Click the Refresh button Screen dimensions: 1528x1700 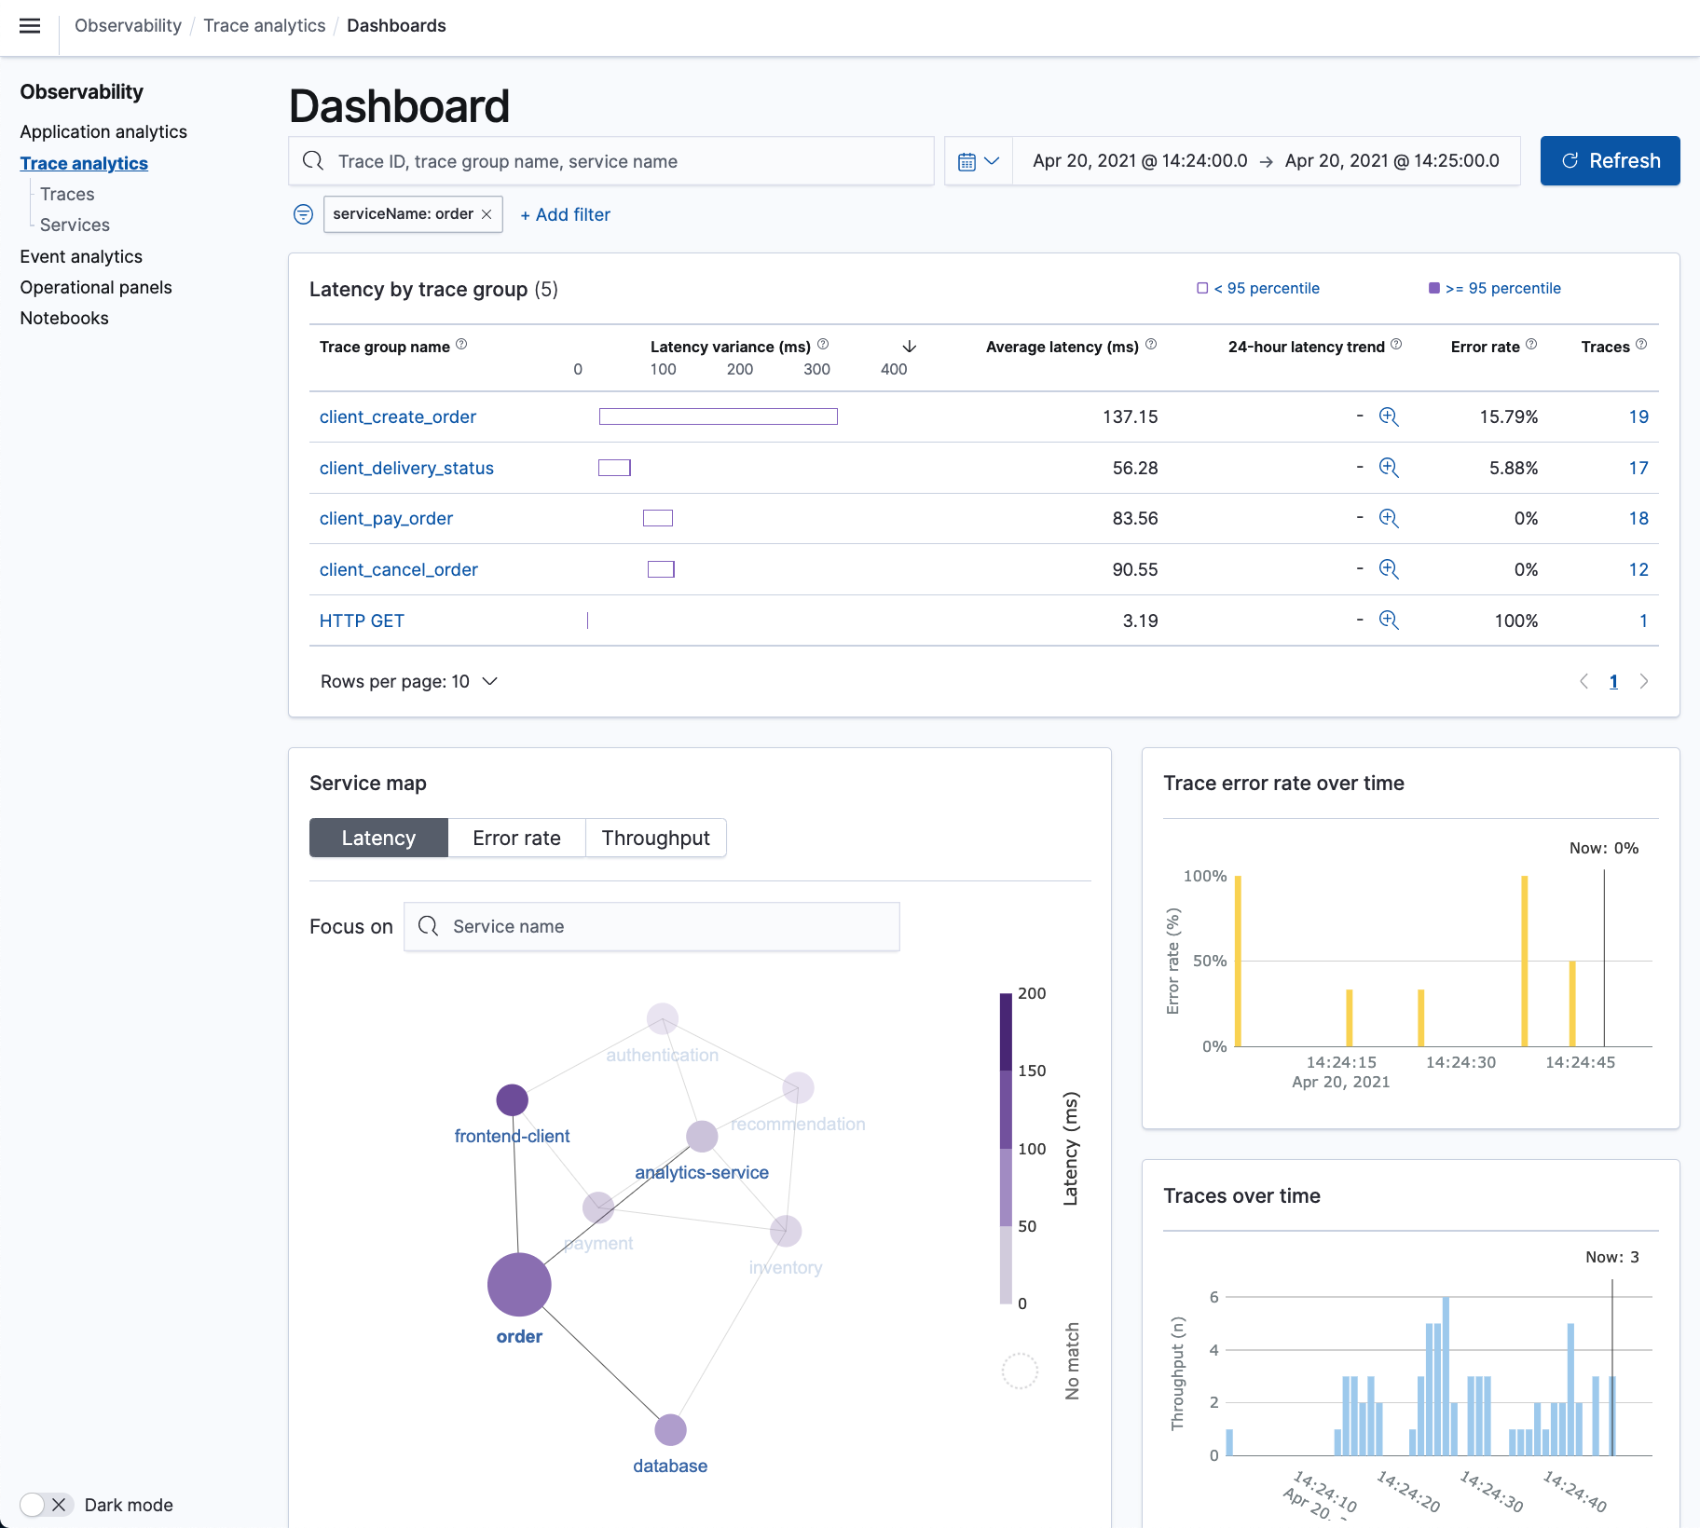coord(1610,160)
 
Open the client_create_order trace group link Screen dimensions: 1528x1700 coord(397,416)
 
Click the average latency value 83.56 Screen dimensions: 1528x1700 coord(1134,518)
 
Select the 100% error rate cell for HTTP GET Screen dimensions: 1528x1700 coord(1515,621)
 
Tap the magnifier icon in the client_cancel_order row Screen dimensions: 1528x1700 coord(1389,569)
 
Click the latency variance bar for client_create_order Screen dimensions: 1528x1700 coord(718,416)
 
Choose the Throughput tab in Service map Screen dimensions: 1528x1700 coord(655,838)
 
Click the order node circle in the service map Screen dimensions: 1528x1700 coord(519,1284)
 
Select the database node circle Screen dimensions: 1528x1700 coord(670,1429)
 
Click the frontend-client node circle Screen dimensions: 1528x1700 coord(512,1099)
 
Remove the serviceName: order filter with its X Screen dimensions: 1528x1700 coord(487,214)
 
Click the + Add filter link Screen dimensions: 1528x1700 coord(565,214)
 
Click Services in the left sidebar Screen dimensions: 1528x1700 coord(75,225)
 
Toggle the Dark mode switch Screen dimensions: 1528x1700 coord(46,1505)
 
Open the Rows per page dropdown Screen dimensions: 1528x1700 coord(408,681)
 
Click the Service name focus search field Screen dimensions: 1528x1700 coord(652,926)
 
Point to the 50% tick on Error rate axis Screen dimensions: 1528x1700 coord(1209,961)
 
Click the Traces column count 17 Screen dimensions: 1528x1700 coord(1638,468)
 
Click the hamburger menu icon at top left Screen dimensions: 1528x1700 coord(30,25)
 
